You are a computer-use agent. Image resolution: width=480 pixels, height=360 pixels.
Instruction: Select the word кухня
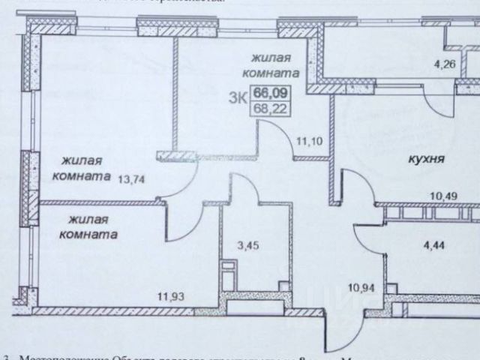click(427, 158)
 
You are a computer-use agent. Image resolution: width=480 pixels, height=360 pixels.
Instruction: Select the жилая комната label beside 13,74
click(76, 168)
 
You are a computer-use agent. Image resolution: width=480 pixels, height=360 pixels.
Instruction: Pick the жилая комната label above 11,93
click(92, 226)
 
